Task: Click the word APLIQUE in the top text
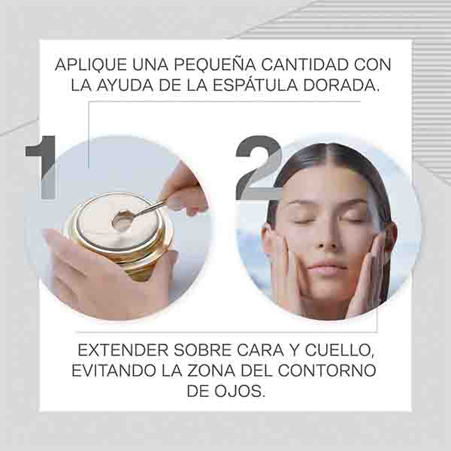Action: click(91, 65)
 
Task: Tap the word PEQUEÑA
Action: click(214, 64)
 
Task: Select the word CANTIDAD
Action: click(305, 65)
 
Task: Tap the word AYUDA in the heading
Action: click(125, 85)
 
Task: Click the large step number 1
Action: click(41, 168)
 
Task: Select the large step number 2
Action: click(259, 168)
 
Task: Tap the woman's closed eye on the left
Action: click(301, 221)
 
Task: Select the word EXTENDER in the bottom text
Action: click(123, 350)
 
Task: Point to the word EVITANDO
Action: click(114, 371)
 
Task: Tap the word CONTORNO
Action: click(327, 371)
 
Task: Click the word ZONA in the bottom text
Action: click(211, 371)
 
